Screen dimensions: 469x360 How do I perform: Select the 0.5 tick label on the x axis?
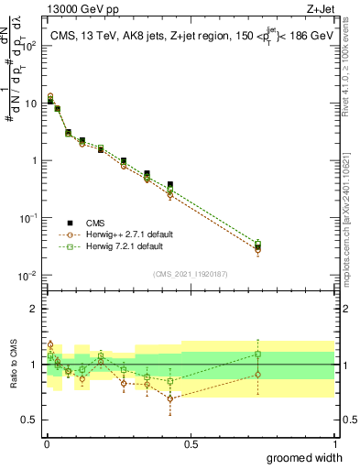click(191, 444)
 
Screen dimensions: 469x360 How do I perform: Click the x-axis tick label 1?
click(334, 444)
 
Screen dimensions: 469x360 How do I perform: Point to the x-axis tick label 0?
click(47, 444)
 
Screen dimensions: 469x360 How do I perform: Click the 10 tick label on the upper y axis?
click(32, 103)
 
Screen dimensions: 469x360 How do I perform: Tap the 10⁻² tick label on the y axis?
click(29, 276)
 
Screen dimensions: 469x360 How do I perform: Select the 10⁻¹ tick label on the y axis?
click(29, 218)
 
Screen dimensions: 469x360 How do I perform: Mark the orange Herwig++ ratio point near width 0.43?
click(170, 398)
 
